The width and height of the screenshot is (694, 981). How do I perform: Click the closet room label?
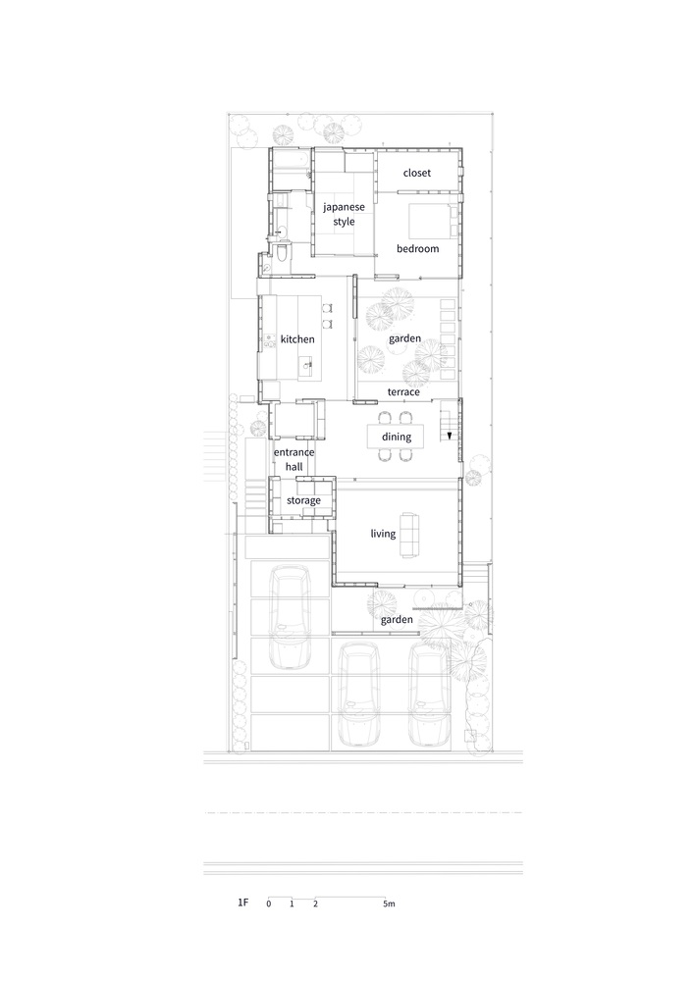(417, 173)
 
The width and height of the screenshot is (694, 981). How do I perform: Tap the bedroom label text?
(417, 248)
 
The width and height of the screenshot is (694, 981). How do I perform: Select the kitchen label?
(297, 339)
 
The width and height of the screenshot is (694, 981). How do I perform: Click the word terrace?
(403, 392)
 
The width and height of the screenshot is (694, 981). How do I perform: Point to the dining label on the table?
(397, 437)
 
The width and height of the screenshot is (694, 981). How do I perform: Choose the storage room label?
(303, 500)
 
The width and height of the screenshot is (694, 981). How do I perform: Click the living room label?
(383, 534)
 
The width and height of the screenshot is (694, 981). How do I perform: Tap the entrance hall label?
(294, 459)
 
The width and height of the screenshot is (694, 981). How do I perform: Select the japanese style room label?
(344, 214)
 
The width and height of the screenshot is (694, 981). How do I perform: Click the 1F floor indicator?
(242, 903)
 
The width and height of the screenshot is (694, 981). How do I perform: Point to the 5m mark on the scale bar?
(390, 904)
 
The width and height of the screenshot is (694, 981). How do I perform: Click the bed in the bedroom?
(434, 221)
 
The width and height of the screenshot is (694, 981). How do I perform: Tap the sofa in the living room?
(409, 535)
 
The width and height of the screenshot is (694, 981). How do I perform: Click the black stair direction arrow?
(450, 436)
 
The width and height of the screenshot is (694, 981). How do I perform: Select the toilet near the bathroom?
(282, 252)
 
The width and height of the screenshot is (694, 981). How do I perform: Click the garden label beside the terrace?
(404, 338)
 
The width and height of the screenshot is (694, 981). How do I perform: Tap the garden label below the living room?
(397, 619)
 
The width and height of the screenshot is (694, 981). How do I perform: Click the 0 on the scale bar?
(268, 904)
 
